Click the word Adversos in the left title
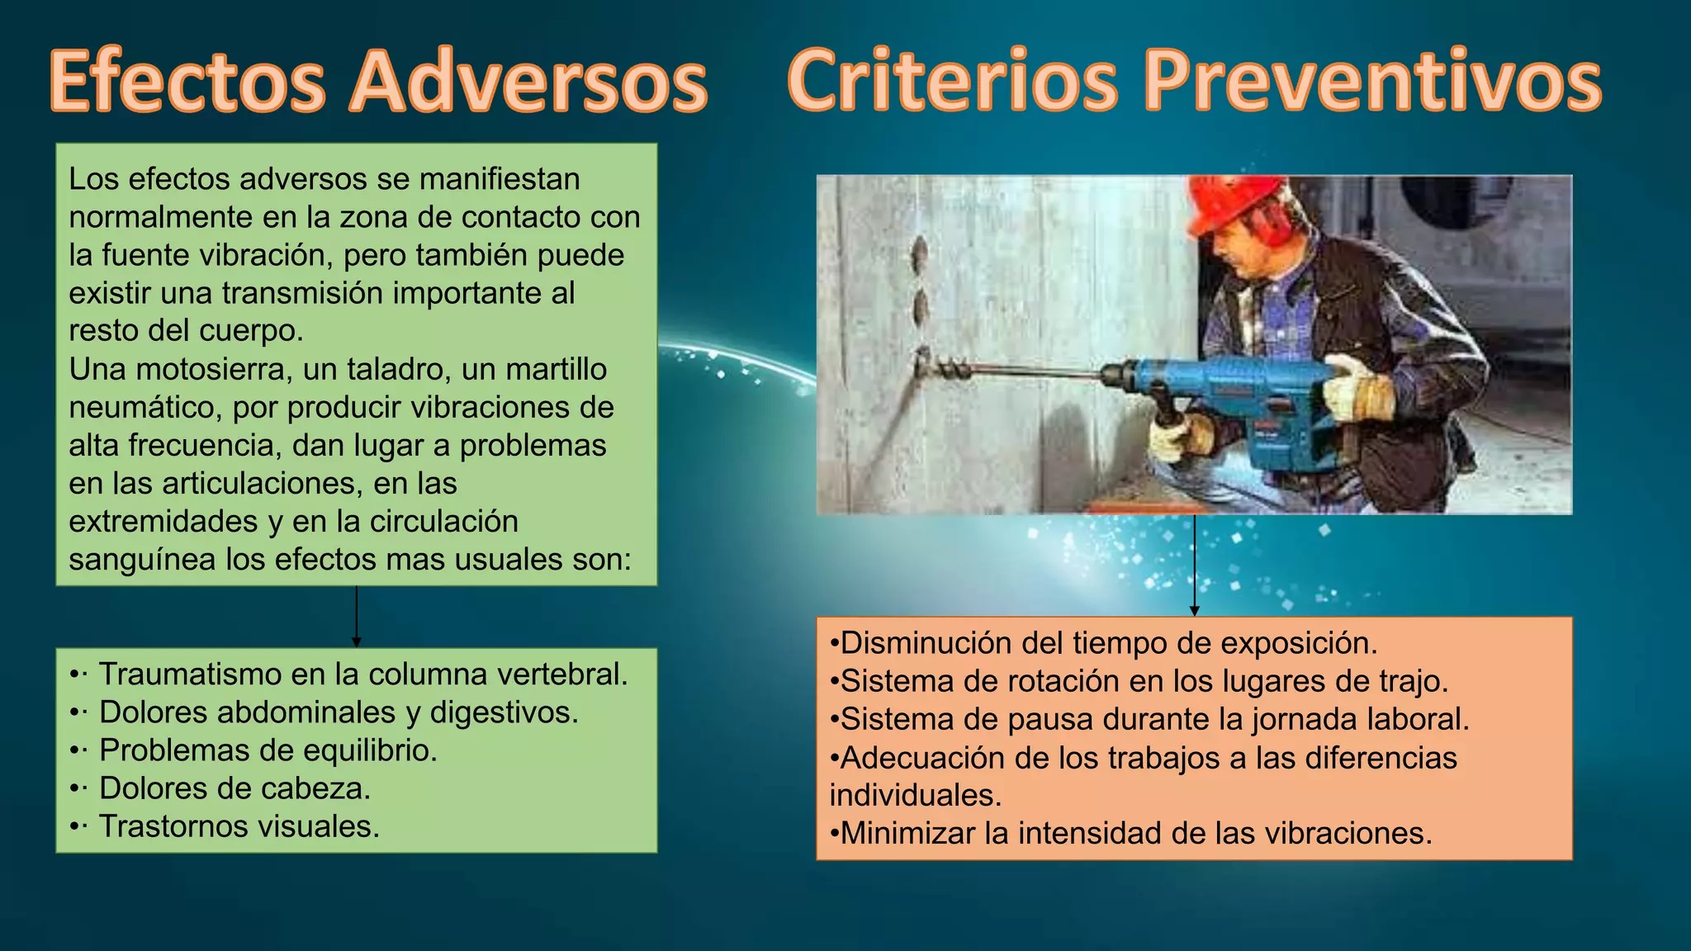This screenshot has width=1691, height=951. pyautogui.click(x=528, y=83)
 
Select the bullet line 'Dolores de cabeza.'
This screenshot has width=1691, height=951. pyautogui.click(x=234, y=788)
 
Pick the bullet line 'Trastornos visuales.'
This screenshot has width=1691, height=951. pyautogui.click(x=239, y=826)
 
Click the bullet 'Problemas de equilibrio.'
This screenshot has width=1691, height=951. pyautogui.click(x=268, y=750)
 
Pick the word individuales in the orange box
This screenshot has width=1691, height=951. pyautogui.click(x=915, y=795)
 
